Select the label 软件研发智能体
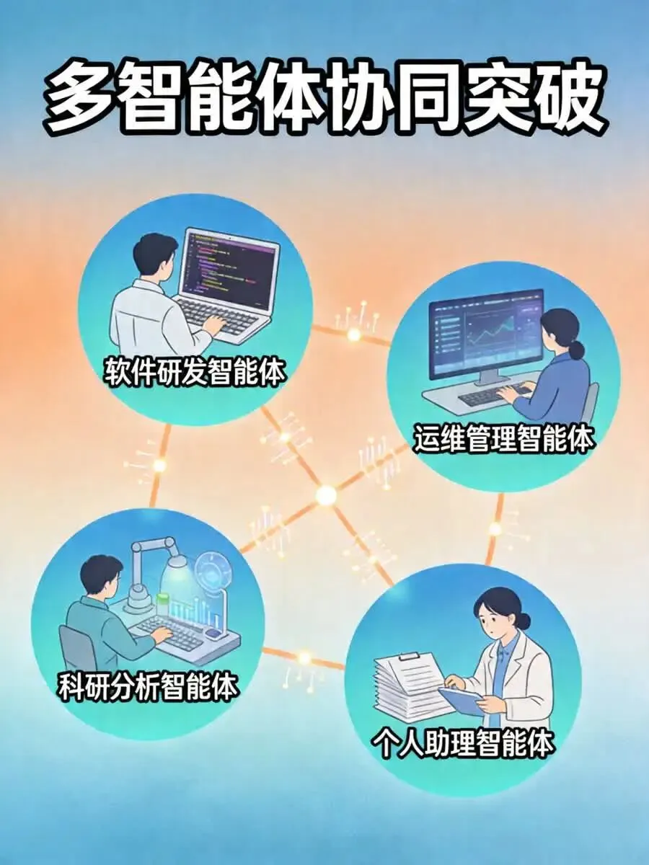[x=194, y=372]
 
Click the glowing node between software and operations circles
[x=353, y=334]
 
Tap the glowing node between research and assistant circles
[x=304, y=657]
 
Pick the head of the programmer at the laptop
[x=154, y=255]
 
